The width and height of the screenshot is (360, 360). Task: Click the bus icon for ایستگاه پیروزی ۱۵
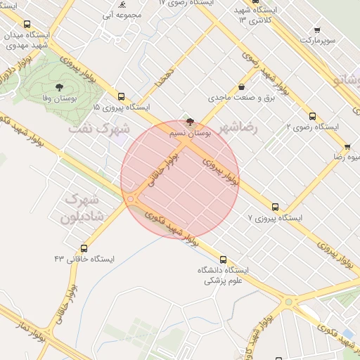(122, 97)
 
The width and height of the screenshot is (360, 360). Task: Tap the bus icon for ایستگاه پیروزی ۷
(275, 207)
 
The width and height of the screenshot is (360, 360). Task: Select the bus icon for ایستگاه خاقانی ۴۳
(84, 248)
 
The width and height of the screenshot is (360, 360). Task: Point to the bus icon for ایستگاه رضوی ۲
(312, 117)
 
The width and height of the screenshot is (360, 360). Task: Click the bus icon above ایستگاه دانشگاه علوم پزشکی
(223, 259)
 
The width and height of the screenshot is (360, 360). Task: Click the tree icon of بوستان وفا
(58, 88)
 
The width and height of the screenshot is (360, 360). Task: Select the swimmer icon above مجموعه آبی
(122, 4)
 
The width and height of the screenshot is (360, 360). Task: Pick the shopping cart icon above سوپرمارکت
(317, 30)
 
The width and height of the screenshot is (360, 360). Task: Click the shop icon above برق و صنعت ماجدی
(242, 87)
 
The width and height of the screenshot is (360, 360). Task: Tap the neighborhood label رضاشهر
(238, 128)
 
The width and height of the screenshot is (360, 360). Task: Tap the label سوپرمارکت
(314, 41)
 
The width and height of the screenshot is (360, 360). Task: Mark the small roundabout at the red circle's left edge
(131, 199)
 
